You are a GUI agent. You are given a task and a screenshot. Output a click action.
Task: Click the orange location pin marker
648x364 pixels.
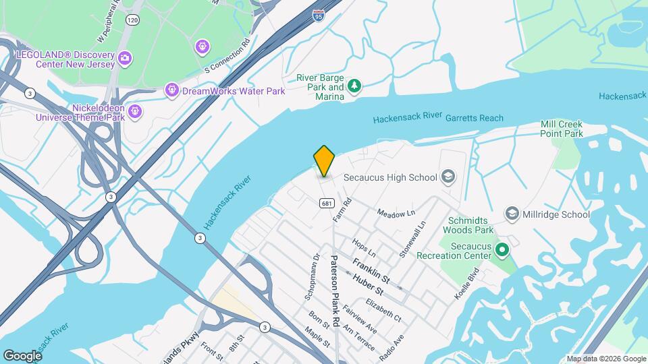point(324,161)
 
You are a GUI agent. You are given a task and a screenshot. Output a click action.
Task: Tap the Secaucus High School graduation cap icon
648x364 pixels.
point(447,177)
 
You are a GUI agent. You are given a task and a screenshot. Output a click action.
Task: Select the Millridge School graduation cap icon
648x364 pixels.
point(512,214)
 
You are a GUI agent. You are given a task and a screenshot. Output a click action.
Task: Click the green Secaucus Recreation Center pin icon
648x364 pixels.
point(502,251)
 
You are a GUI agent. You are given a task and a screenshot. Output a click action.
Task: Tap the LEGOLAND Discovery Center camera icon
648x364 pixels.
point(124,58)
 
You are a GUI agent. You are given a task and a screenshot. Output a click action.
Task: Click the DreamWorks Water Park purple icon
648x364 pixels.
point(171,90)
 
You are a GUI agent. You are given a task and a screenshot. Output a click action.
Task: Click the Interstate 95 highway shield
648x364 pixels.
point(319,15)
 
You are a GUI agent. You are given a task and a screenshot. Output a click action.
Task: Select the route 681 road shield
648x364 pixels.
point(326,203)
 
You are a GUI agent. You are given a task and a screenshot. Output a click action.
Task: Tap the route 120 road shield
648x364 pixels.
point(132,21)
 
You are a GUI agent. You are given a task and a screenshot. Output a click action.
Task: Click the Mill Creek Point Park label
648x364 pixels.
point(561,129)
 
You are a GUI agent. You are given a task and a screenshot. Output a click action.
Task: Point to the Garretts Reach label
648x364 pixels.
point(474,118)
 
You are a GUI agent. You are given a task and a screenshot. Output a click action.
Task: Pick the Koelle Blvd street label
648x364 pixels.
point(467,283)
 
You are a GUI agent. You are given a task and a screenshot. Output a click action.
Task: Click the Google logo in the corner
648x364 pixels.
point(22,355)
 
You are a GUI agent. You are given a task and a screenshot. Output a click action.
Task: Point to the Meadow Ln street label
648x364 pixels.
point(395,213)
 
